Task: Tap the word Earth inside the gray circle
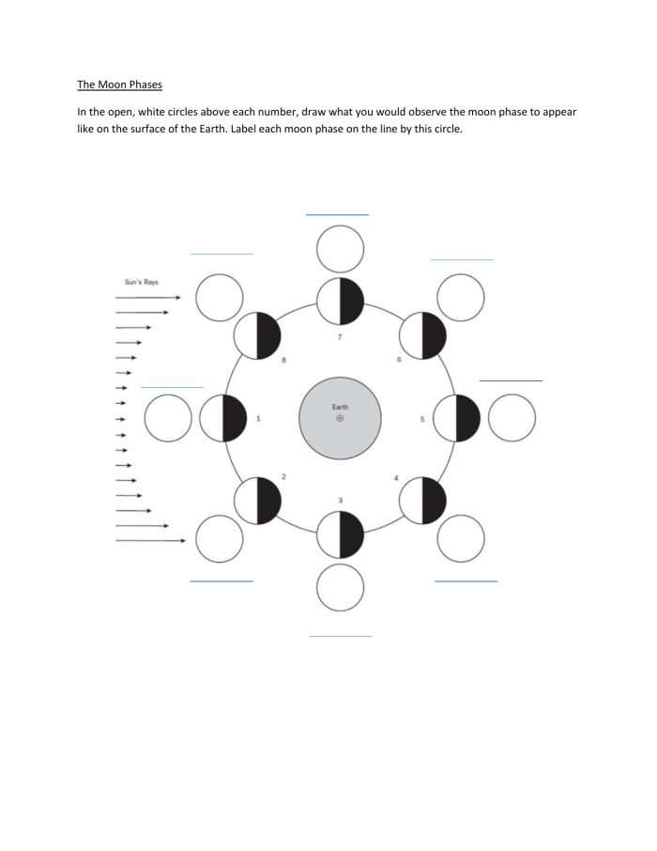(340, 406)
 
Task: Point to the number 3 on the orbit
(340, 499)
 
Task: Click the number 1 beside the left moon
(259, 418)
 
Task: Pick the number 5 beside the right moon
(422, 418)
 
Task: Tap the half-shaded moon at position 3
(340, 535)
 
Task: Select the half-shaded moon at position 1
(223, 418)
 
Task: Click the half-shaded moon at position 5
(457, 418)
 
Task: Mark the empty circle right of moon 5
(512, 418)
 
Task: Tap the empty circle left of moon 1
(169, 418)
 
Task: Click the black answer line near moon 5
(511, 380)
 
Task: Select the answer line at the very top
(337, 215)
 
